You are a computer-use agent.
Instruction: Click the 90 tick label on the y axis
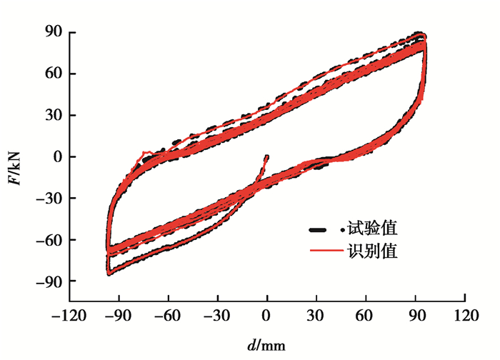55,31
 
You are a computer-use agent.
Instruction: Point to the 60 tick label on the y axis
55,73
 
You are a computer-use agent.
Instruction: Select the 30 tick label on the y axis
55,115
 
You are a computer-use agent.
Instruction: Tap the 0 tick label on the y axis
59,156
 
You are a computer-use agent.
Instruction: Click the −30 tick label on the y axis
51,199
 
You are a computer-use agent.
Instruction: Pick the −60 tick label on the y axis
51,240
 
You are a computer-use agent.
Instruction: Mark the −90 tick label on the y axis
51,281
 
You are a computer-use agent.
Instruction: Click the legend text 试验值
372,229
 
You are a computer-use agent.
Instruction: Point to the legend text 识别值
372,251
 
